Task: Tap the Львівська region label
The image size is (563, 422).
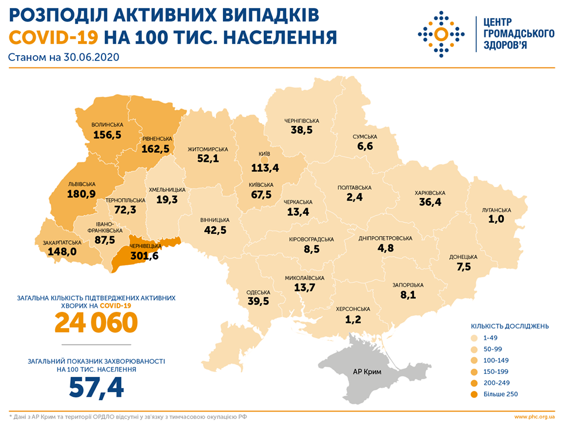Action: point(82,183)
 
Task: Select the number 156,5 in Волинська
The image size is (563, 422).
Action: point(107,135)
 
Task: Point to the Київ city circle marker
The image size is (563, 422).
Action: point(264,159)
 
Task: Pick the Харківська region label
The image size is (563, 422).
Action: point(430,192)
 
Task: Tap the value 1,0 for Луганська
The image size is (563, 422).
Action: point(497,220)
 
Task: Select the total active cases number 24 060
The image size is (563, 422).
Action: point(96,322)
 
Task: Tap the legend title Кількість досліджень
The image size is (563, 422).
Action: point(510,325)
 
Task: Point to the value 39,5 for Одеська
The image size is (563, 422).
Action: point(259,301)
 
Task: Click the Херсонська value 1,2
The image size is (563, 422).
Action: point(353,319)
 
